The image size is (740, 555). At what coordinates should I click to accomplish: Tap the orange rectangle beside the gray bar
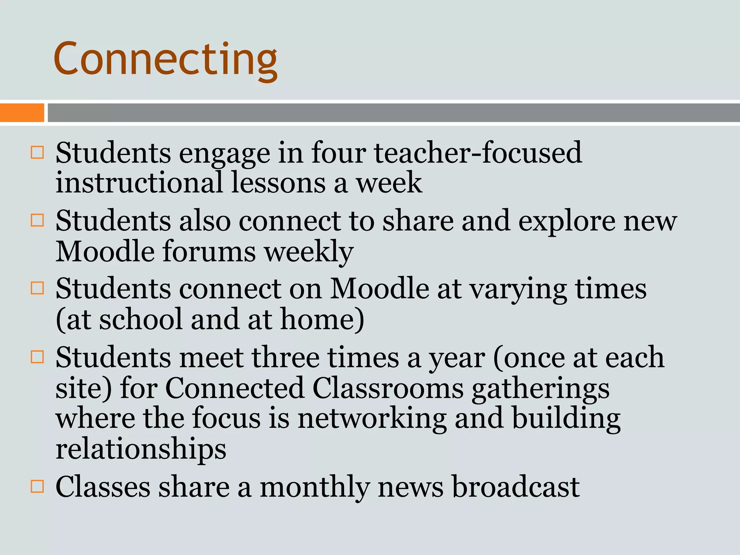[22, 112]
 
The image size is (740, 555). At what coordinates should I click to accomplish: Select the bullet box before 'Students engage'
[37, 152]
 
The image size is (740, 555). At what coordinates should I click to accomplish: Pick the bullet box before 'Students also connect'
[37, 220]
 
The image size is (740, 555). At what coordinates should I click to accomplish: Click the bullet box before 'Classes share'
[37, 486]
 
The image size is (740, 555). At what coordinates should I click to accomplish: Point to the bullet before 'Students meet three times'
[37, 357]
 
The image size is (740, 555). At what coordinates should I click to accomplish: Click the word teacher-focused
[478, 153]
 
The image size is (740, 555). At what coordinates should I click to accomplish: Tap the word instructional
[139, 183]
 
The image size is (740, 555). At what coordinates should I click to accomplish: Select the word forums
[209, 251]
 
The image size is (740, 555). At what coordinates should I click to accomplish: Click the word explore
[567, 221]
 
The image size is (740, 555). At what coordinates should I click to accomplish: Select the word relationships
[141, 449]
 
